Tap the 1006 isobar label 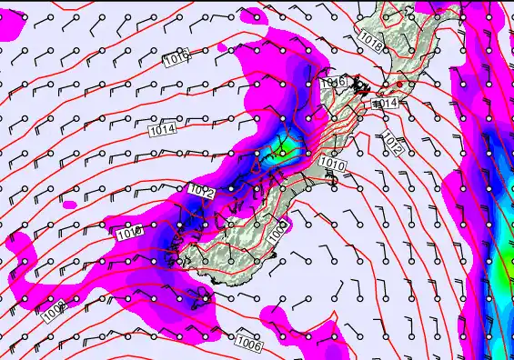click(249, 344)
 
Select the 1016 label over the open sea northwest click(176, 59)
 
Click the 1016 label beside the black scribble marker click(333, 84)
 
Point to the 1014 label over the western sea click(162, 130)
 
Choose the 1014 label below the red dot click(387, 104)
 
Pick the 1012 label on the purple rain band click(202, 191)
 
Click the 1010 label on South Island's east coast click(333, 165)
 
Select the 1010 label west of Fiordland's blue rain click(131, 233)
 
